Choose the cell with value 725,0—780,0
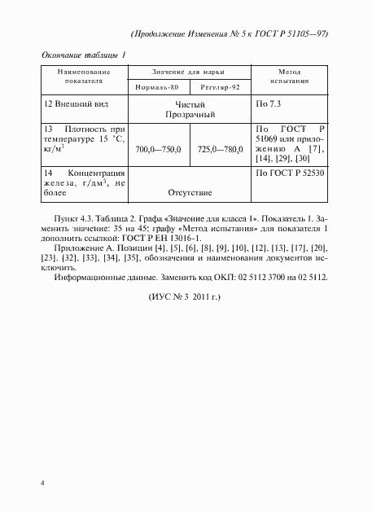(x=221, y=150)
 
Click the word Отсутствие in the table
(x=190, y=193)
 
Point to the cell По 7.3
(x=269, y=105)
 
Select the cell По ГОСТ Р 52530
(x=291, y=173)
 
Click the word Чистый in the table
(x=190, y=105)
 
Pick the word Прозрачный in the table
(x=190, y=116)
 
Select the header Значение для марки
(x=190, y=72)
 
